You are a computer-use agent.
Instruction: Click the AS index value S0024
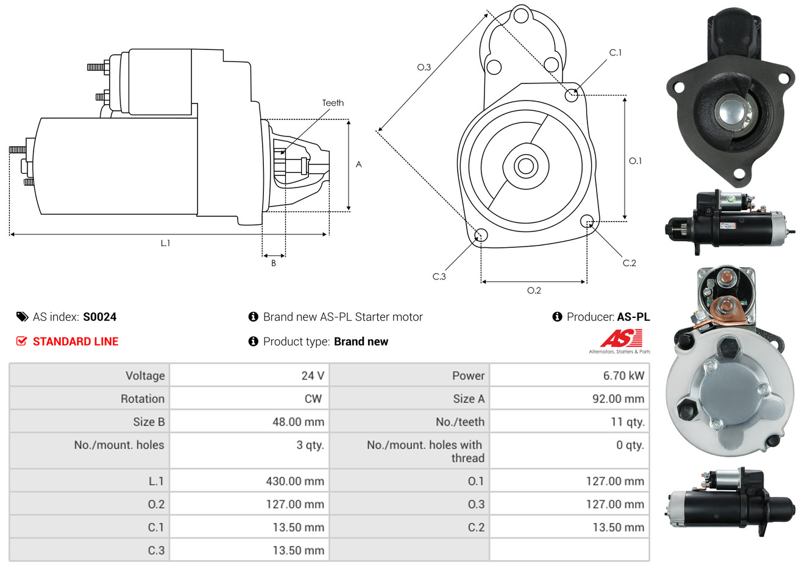pos(99,317)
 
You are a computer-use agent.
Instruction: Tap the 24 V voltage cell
pos(312,375)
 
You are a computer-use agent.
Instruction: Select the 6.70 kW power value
pos(623,375)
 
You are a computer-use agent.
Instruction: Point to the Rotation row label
pos(143,398)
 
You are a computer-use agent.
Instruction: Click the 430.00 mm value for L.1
pos(294,481)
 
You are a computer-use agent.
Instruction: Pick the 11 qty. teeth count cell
pos(627,421)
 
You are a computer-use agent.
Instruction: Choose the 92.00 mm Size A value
pos(618,398)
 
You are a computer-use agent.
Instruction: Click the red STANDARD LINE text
pos(76,342)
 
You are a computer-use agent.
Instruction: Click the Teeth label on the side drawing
pos(333,103)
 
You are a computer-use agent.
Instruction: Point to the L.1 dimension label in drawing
pos(165,243)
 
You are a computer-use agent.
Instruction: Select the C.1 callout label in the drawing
pos(616,53)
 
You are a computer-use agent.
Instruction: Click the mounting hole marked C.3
pos(481,236)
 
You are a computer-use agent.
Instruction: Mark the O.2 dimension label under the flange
pos(534,290)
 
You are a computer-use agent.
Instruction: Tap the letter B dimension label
pos(274,263)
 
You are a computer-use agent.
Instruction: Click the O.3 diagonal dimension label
pos(424,67)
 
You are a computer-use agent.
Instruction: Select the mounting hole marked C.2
pos(587,220)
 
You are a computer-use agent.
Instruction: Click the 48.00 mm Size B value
pos(298,421)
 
